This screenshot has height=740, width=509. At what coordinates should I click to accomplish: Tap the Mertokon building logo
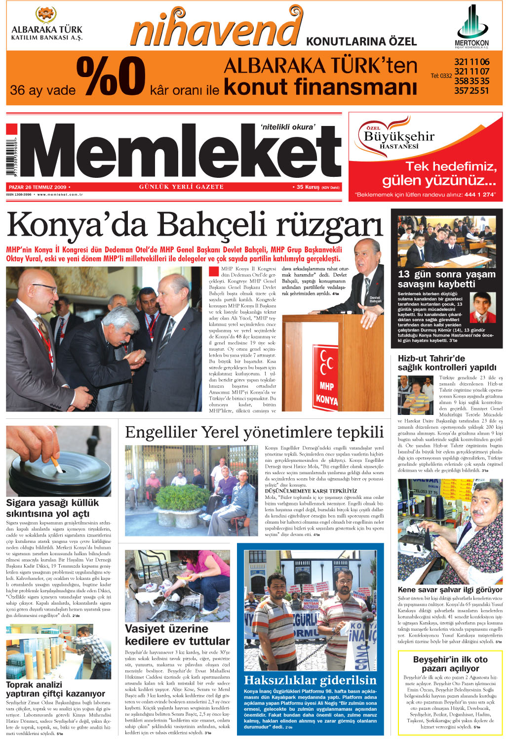pos(471,22)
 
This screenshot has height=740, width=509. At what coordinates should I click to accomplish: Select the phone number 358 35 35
pos(471,81)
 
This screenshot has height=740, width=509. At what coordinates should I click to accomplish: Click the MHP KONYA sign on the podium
pos(325,378)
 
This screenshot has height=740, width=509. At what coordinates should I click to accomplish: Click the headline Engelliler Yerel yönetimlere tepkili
pos(254,432)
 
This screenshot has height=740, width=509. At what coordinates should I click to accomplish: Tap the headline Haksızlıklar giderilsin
pos(310,680)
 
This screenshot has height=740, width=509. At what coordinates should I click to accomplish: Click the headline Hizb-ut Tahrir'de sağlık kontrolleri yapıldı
pos(447,363)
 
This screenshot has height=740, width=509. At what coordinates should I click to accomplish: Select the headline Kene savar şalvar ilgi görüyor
pos(450,589)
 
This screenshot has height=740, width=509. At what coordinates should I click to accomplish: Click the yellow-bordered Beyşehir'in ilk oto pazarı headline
pos(450,663)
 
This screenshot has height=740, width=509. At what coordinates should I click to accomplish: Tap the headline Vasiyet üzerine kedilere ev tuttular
pos(177,635)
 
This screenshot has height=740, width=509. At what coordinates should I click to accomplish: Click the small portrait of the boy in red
pos(482,307)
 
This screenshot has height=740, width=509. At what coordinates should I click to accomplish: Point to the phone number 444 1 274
pos(479,195)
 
